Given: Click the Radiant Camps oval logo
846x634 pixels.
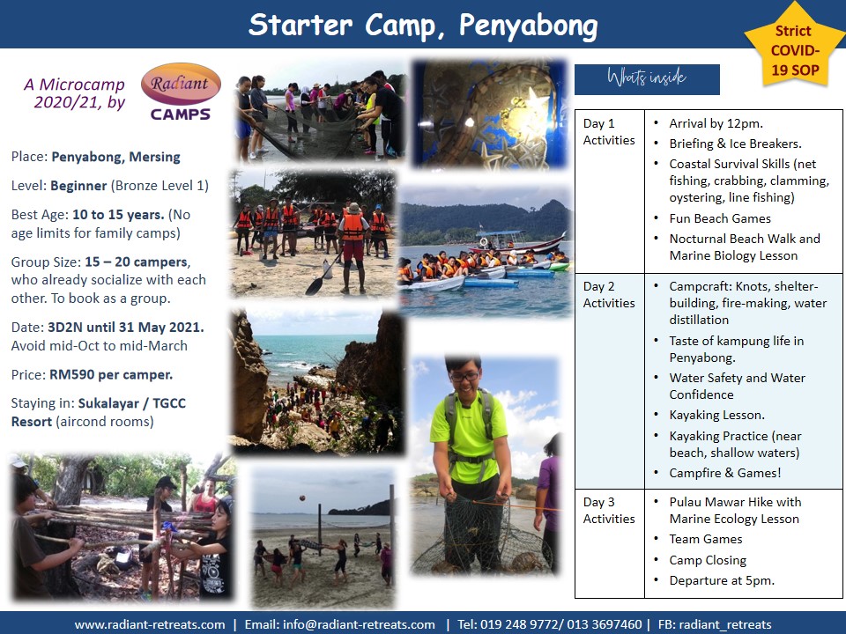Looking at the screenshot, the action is tap(181, 85).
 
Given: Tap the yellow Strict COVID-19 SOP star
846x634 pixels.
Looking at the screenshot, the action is tap(795, 48).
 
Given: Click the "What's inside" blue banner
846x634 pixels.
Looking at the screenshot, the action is tap(647, 79).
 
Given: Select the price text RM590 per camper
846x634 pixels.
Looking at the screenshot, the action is tap(111, 375).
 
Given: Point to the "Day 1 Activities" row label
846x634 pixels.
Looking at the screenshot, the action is tap(609, 131).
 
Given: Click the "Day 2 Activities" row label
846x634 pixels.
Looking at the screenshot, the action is tap(609, 294).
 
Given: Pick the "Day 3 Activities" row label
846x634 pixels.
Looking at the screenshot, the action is tap(609, 510).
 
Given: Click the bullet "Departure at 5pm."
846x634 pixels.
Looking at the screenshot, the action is tap(722, 580).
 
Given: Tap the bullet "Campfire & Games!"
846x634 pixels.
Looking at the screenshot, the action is tap(725, 473).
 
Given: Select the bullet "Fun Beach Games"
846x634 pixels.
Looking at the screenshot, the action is tap(720, 218).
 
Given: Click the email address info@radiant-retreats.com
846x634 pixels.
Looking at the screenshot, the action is tap(359, 625).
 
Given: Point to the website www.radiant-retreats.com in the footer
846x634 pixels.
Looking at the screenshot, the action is tap(150, 625).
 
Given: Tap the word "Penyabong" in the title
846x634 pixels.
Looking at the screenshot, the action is tap(528, 25).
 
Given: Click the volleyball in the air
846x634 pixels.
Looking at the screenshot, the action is tap(303, 498).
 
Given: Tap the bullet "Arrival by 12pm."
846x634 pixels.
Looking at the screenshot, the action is tap(716, 123).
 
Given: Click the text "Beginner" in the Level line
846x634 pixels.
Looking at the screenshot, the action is tap(78, 186).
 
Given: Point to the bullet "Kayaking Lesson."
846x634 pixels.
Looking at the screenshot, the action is tap(717, 415).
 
